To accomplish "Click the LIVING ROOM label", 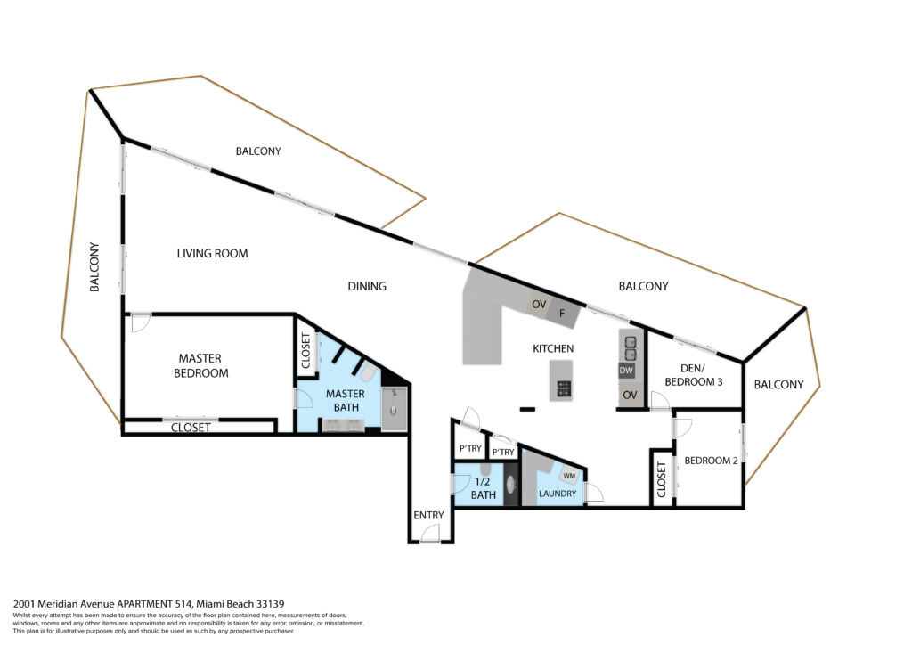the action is [212, 254].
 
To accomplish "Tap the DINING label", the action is [367, 286].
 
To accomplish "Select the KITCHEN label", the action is [553, 348].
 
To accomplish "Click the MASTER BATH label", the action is [346, 401].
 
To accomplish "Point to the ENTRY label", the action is [428, 515].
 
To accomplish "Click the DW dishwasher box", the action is [626, 371].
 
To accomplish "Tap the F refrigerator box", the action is [563, 313].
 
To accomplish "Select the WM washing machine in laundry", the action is [569, 475].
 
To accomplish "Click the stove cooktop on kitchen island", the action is [564, 388].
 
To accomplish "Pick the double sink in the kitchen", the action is [630, 347].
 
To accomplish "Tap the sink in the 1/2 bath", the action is [511, 484].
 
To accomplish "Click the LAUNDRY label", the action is [558, 494].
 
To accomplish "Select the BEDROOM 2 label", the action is [711, 461].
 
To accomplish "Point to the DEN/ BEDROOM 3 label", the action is [693, 375].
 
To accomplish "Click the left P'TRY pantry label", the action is [470, 448].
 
